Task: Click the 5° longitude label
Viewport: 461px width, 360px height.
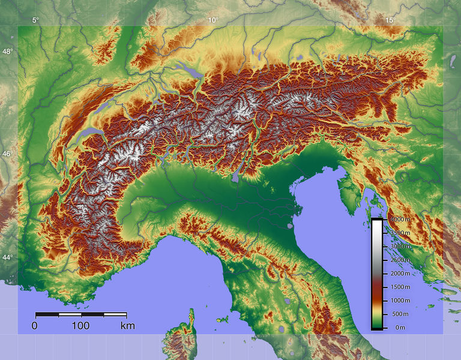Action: coord(35,20)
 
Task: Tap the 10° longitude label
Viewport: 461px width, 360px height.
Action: coord(212,20)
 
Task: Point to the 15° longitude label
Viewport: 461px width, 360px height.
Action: coord(390,20)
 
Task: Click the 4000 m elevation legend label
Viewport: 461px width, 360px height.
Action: coord(400,219)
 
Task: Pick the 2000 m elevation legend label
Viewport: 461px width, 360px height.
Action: coord(400,274)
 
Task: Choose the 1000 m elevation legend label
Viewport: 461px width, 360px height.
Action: coord(400,301)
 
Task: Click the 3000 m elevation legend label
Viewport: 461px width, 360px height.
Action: coord(400,247)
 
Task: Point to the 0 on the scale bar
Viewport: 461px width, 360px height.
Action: coord(35,326)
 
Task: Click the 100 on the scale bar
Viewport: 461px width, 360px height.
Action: coord(80,326)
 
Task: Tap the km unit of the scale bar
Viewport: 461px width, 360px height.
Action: coord(127,326)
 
